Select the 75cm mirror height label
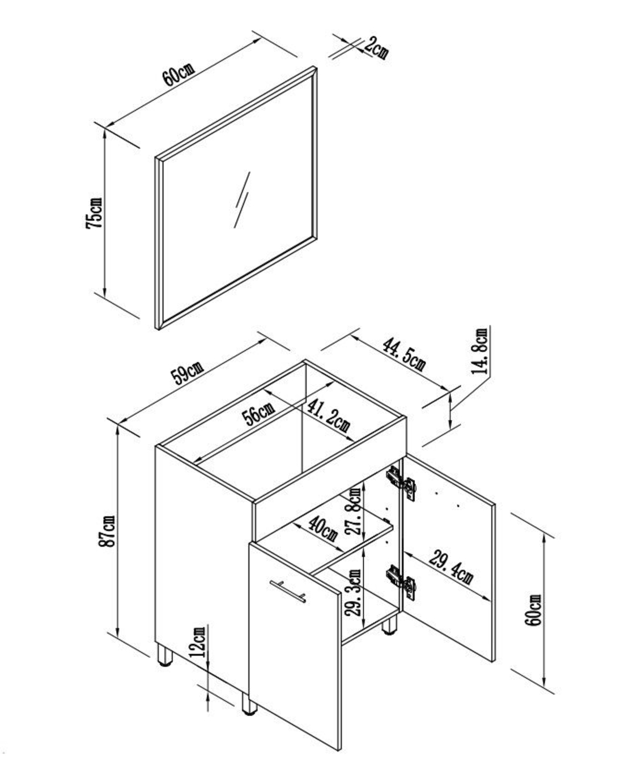(x=94, y=213)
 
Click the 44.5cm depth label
(x=403, y=354)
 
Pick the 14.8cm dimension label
(x=480, y=351)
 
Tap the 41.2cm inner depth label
(x=329, y=415)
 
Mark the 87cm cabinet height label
(x=108, y=531)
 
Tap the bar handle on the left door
(x=287, y=591)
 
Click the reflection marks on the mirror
(x=242, y=199)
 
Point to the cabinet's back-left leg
(x=164, y=655)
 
